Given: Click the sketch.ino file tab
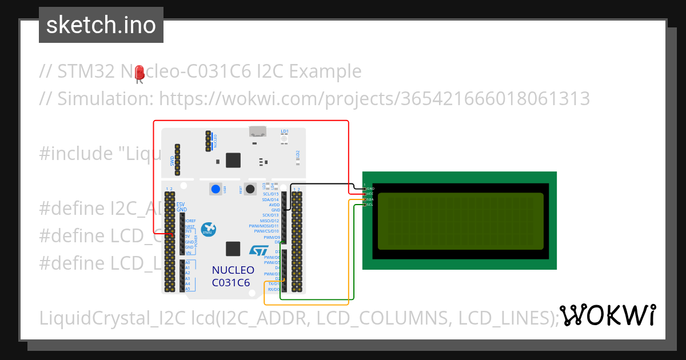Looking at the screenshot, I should point(101,25).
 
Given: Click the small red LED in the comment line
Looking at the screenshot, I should point(139,73).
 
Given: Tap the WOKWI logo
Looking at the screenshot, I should point(607,315).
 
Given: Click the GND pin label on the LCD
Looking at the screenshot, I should point(370,189).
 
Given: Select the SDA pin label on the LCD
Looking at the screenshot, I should point(370,199).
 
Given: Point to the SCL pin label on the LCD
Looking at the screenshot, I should point(370,205).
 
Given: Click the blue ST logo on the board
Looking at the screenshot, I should point(258,250).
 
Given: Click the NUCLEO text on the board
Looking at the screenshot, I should point(233,270).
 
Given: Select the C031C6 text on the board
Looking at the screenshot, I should point(230,282).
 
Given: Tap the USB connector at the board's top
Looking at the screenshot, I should point(257,131).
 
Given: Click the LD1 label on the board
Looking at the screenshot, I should point(284,131).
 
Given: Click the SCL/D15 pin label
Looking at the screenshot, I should point(270,194).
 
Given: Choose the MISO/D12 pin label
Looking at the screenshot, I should point(269,221).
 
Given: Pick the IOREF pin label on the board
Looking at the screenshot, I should point(190,221).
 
